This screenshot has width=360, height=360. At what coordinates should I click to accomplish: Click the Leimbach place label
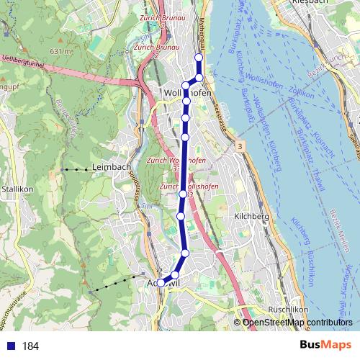(x=109, y=168)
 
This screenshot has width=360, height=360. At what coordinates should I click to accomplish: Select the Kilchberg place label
(x=251, y=216)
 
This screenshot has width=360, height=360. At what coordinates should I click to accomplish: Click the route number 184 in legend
(x=30, y=346)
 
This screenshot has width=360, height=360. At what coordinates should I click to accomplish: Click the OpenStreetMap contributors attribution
(x=297, y=323)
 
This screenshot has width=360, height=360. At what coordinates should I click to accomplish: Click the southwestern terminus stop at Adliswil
(x=161, y=283)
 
